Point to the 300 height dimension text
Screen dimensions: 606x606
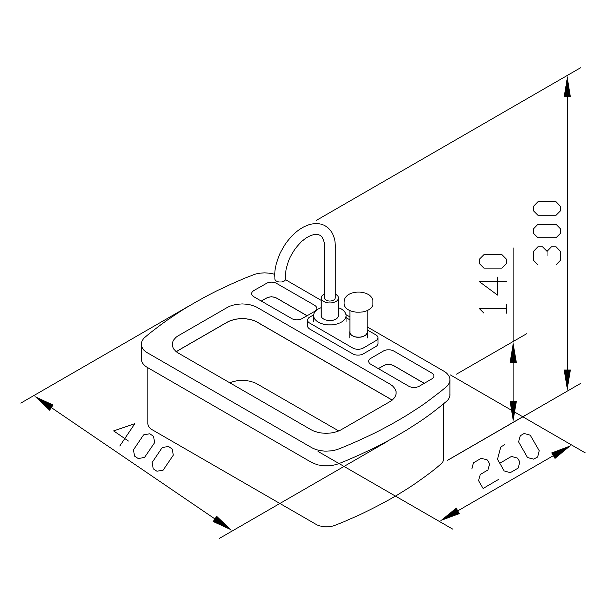[547, 233]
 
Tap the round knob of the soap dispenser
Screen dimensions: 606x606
[358, 302]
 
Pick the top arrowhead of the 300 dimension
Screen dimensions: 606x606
[567, 87]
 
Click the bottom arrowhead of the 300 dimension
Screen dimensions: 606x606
[567, 380]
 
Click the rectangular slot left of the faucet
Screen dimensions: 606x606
[284, 301]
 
